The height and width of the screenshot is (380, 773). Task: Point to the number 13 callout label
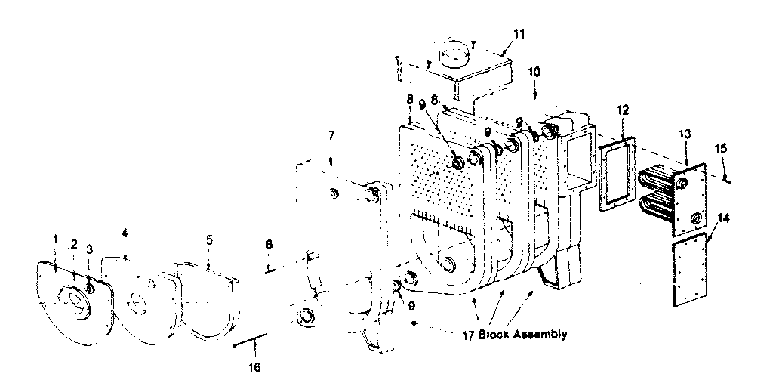click(684, 134)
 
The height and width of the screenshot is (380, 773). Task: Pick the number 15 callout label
click(722, 148)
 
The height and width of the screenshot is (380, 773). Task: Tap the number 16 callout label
click(254, 367)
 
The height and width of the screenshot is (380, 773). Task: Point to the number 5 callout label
click(209, 239)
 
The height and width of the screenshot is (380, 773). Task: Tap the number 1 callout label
click(55, 239)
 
